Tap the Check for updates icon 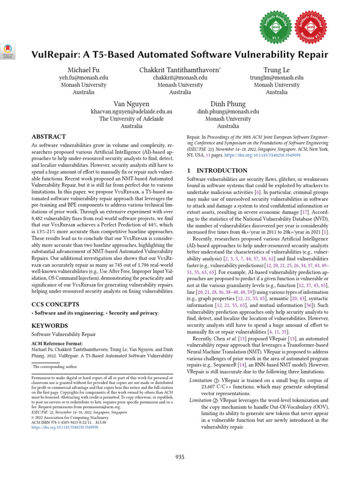8,51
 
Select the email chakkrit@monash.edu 180,77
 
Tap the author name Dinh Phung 228,104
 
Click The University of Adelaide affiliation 131,119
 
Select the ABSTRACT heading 48,137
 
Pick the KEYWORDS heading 50,325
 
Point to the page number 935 180,457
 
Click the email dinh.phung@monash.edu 228,112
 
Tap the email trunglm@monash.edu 276,77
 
